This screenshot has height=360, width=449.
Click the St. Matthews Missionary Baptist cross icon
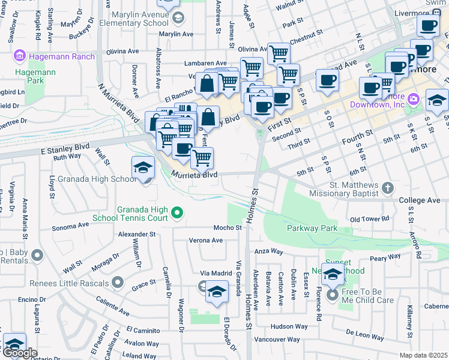click(388, 188)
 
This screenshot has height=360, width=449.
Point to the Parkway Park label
click(312, 229)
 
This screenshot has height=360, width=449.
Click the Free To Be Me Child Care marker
click(332, 296)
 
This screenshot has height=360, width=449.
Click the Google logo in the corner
click(19, 353)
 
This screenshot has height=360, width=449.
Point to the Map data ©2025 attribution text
click(423, 355)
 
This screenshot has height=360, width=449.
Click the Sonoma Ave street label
click(70, 226)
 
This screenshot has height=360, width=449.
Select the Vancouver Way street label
click(277, 340)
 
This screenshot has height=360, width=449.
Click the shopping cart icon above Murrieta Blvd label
click(202, 157)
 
